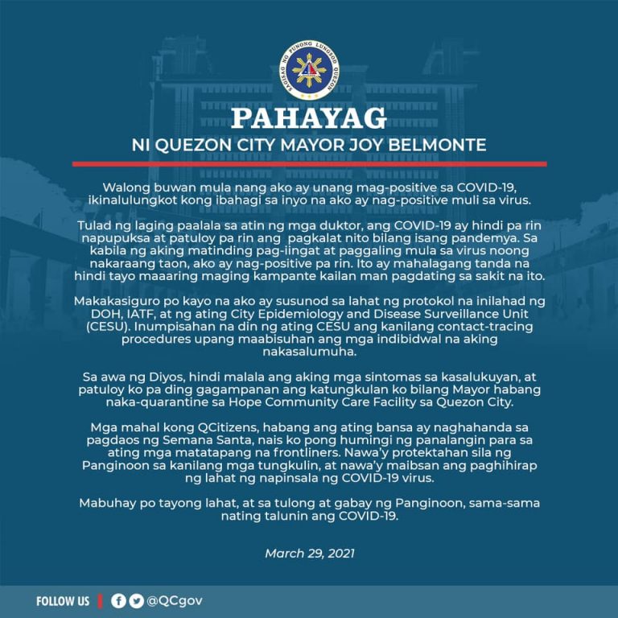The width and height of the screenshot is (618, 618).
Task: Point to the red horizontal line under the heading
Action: click(309, 163)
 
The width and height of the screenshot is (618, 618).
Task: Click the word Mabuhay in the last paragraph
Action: click(109, 503)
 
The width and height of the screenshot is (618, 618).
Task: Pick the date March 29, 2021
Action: click(309, 554)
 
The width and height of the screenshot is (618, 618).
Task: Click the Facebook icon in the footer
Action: click(117, 601)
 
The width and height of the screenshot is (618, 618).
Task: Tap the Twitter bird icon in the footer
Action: click(135, 601)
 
